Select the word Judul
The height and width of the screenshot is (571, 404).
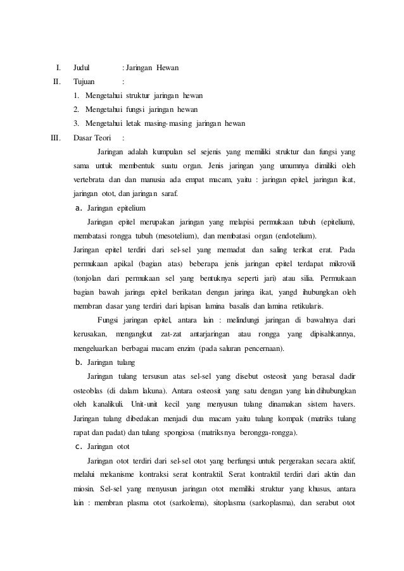coord(81,67)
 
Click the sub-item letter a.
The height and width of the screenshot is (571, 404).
coord(78,207)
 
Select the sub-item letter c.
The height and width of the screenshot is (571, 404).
coord(78,446)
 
